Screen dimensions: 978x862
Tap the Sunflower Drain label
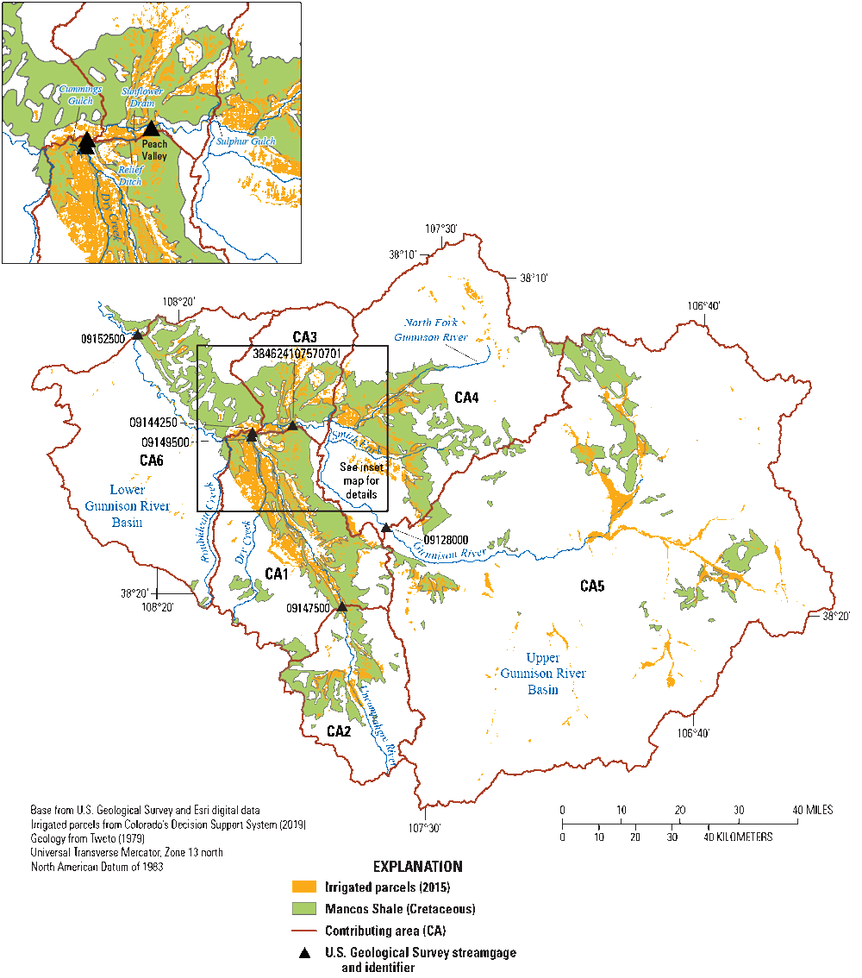coord(141,97)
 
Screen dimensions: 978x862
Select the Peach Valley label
coord(154,150)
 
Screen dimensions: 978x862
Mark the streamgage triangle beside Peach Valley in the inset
coord(152,129)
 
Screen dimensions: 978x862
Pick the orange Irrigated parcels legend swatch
coord(304,887)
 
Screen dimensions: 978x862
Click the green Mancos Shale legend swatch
coord(304,909)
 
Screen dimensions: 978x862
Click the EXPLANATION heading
coord(416,867)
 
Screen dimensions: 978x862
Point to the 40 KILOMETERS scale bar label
coord(740,837)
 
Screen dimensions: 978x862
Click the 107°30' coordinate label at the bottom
coord(425,829)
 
